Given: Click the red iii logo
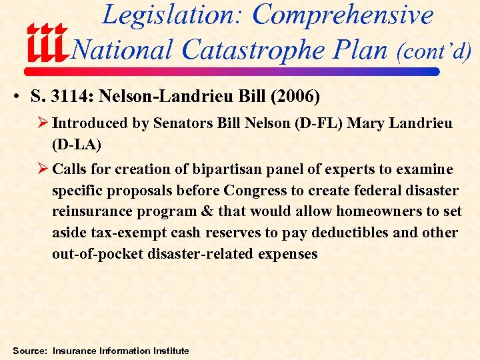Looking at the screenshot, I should click(x=47, y=43).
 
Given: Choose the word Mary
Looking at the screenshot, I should click(x=364, y=123).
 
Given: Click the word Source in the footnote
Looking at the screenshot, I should click(x=29, y=351).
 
